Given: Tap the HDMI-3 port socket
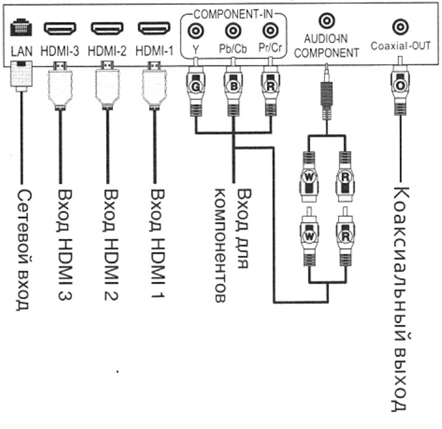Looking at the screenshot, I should tap(60, 28).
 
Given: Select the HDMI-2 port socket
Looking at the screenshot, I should tap(107, 28).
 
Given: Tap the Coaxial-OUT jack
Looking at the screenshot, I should tap(400, 26).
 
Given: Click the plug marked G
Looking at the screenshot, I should tap(196, 88).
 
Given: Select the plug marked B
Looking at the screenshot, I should tap(233, 88).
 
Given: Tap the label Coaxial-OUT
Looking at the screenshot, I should tap(400, 45).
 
